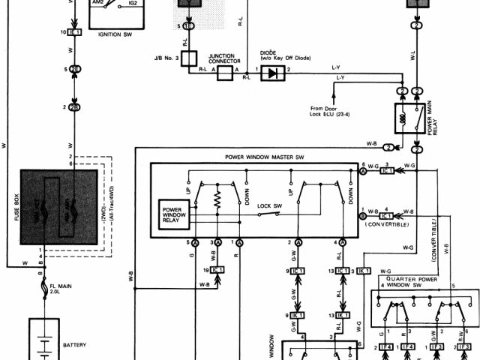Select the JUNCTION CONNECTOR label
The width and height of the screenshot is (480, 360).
coord(224,58)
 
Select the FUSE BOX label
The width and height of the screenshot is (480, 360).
coord(15,207)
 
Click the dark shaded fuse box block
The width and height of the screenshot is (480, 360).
coord(58,207)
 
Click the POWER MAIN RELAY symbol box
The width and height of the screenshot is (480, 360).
coord(408,118)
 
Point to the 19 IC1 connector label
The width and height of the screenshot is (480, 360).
coord(213,269)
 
